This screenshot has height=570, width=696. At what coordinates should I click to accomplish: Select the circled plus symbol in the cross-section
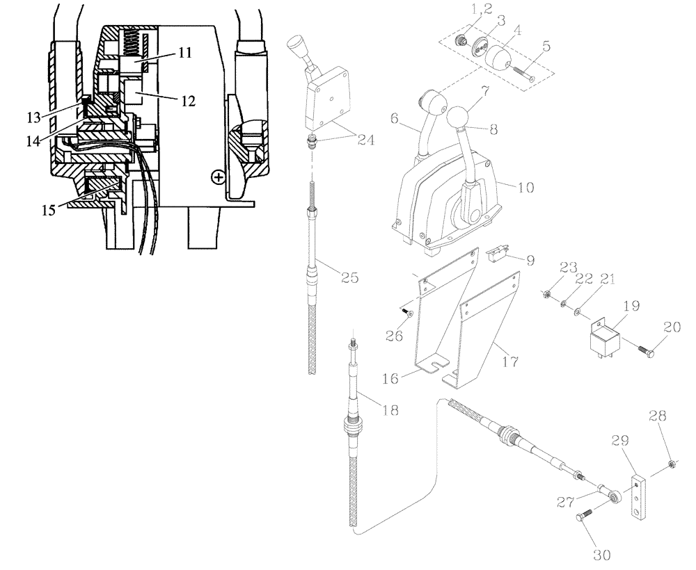coord(219,177)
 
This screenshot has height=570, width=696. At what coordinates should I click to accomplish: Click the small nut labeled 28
coord(672,463)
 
